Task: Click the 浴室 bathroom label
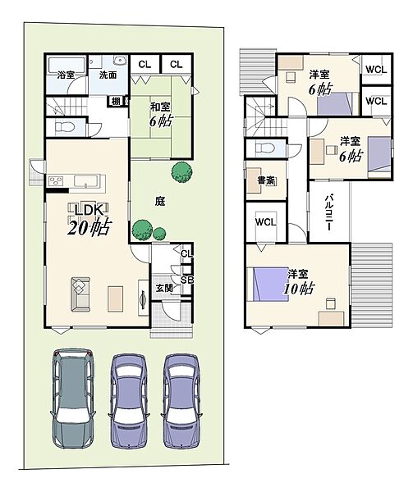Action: [66, 75]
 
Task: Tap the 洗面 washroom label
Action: [108, 75]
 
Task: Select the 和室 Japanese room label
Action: [160, 107]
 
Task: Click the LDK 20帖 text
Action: [89, 219]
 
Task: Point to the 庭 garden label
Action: [160, 201]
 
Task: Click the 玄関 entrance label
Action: [164, 288]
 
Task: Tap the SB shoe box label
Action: [186, 280]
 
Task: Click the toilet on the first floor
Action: [65, 127]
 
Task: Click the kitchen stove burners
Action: [56, 181]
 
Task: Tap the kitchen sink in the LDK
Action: [86, 181]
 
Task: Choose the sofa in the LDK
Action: [80, 294]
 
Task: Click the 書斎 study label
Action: [266, 180]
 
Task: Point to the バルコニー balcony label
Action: [328, 212]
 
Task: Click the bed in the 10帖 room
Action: [268, 284]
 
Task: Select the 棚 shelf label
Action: [117, 102]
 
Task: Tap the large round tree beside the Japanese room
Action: [181, 171]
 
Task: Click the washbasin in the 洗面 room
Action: [120, 60]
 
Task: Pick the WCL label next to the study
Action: [266, 222]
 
